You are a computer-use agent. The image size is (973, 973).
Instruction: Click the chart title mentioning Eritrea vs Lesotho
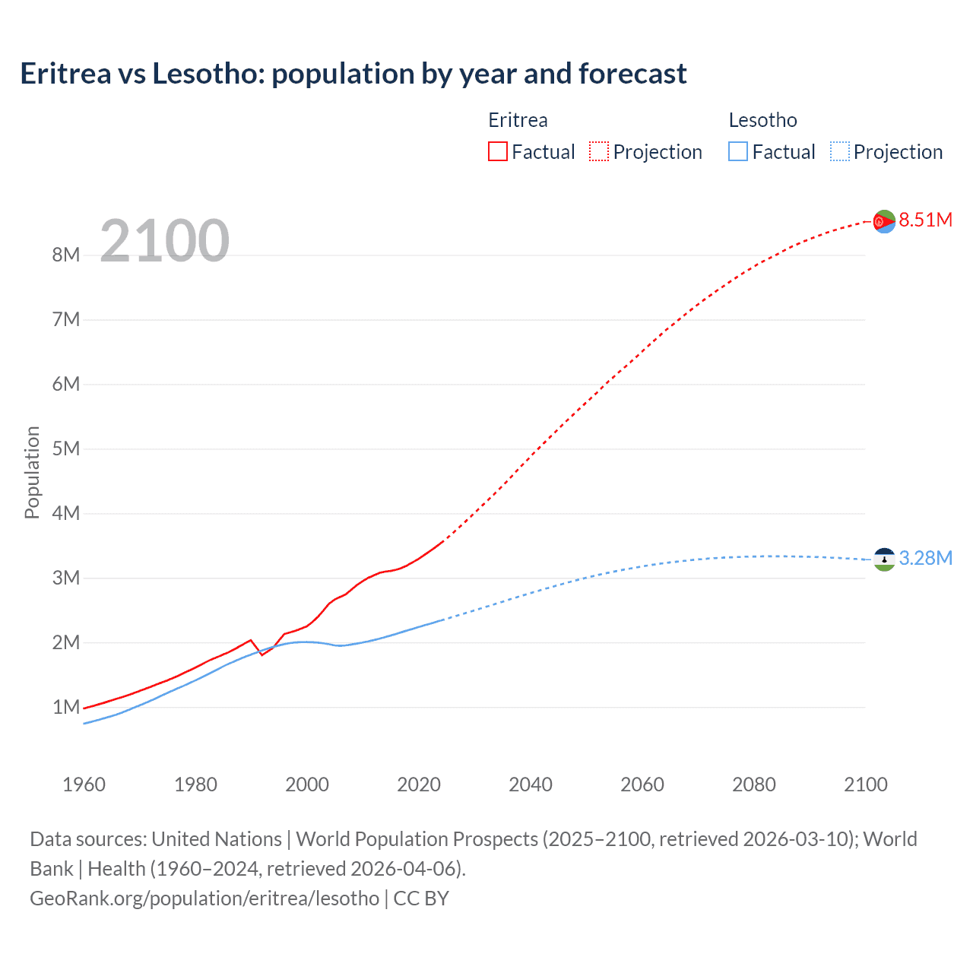pyautogui.click(x=353, y=74)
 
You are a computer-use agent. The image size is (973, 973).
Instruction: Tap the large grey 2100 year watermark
pyautogui.click(x=164, y=241)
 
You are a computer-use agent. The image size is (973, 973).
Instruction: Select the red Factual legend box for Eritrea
pyautogui.click(x=497, y=151)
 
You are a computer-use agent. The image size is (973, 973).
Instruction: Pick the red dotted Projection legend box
pyautogui.click(x=599, y=151)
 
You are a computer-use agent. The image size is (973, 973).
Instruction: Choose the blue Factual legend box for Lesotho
pyautogui.click(x=737, y=151)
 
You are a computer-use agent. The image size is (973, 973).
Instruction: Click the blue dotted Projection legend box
pyautogui.click(x=839, y=151)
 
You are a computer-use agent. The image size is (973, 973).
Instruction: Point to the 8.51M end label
pyautogui.click(x=925, y=220)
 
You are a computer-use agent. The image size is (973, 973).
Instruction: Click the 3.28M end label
pyautogui.click(x=925, y=558)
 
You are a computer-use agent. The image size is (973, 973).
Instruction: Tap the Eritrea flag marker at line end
pyautogui.click(x=884, y=221)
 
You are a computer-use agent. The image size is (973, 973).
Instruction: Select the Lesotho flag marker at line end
pyautogui.click(x=884, y=559)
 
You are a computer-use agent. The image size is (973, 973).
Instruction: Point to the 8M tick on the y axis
pyautogui.click(x=66, y=255)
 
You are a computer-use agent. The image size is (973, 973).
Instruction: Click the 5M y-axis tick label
pyautogui.click(x=66, y=448)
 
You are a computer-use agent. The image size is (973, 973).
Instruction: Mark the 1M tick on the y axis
pyautogui.click(x=66, y=707)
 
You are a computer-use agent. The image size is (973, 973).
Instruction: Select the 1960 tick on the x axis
pyautogui.click(x=84, y=784)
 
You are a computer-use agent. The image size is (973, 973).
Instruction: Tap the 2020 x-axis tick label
pyautogui.click(x=419, y=784)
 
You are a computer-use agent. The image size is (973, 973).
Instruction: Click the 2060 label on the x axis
pyautogui.click(x=642, y=784)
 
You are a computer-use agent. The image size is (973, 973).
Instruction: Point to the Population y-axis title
pyautogui.click(x=32, y=472)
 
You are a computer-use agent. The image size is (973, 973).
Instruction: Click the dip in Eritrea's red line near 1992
pyautogui.click(x=262, y=654)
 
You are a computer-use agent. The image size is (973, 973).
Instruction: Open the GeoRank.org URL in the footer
pyautogui.click(x=204, y=899)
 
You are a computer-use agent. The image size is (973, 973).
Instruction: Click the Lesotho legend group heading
pyautogui.click(x=762, y=120)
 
